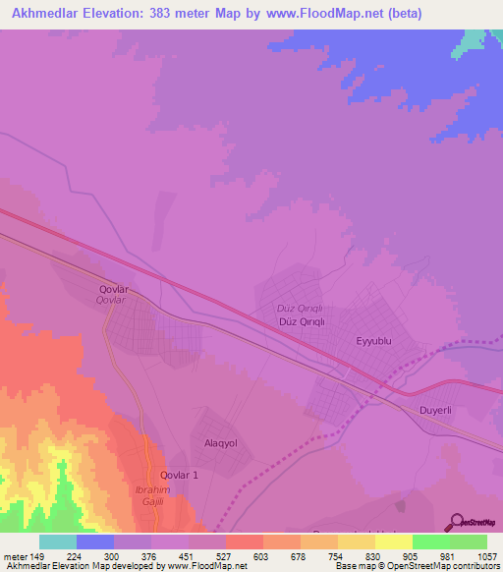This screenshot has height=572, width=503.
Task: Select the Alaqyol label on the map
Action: click(x=220, y=443)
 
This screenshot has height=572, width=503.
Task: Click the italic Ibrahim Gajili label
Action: click(x=151, y=495)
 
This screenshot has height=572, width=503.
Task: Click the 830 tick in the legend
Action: click(x=359, y=555)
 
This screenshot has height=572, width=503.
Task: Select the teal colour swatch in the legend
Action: click(x=57, y=542)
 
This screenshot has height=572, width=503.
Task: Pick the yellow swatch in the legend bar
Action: click(x=393, y=542)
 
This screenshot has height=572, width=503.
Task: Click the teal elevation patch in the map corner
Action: click(x=476, y=39)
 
